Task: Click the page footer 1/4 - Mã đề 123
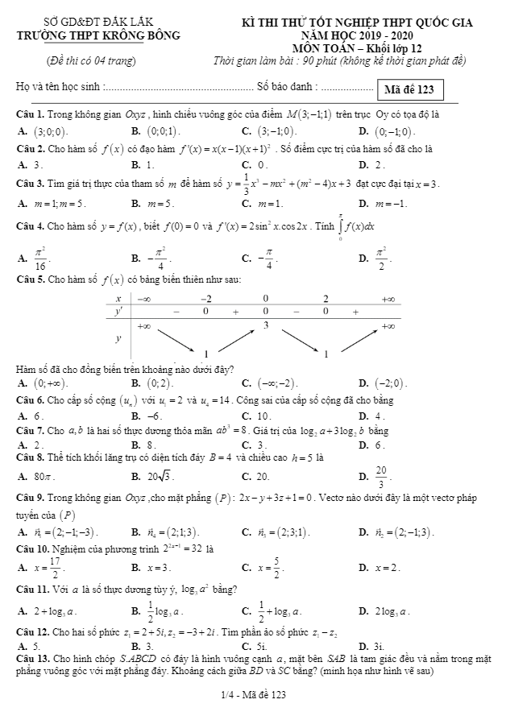[253, 694]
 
